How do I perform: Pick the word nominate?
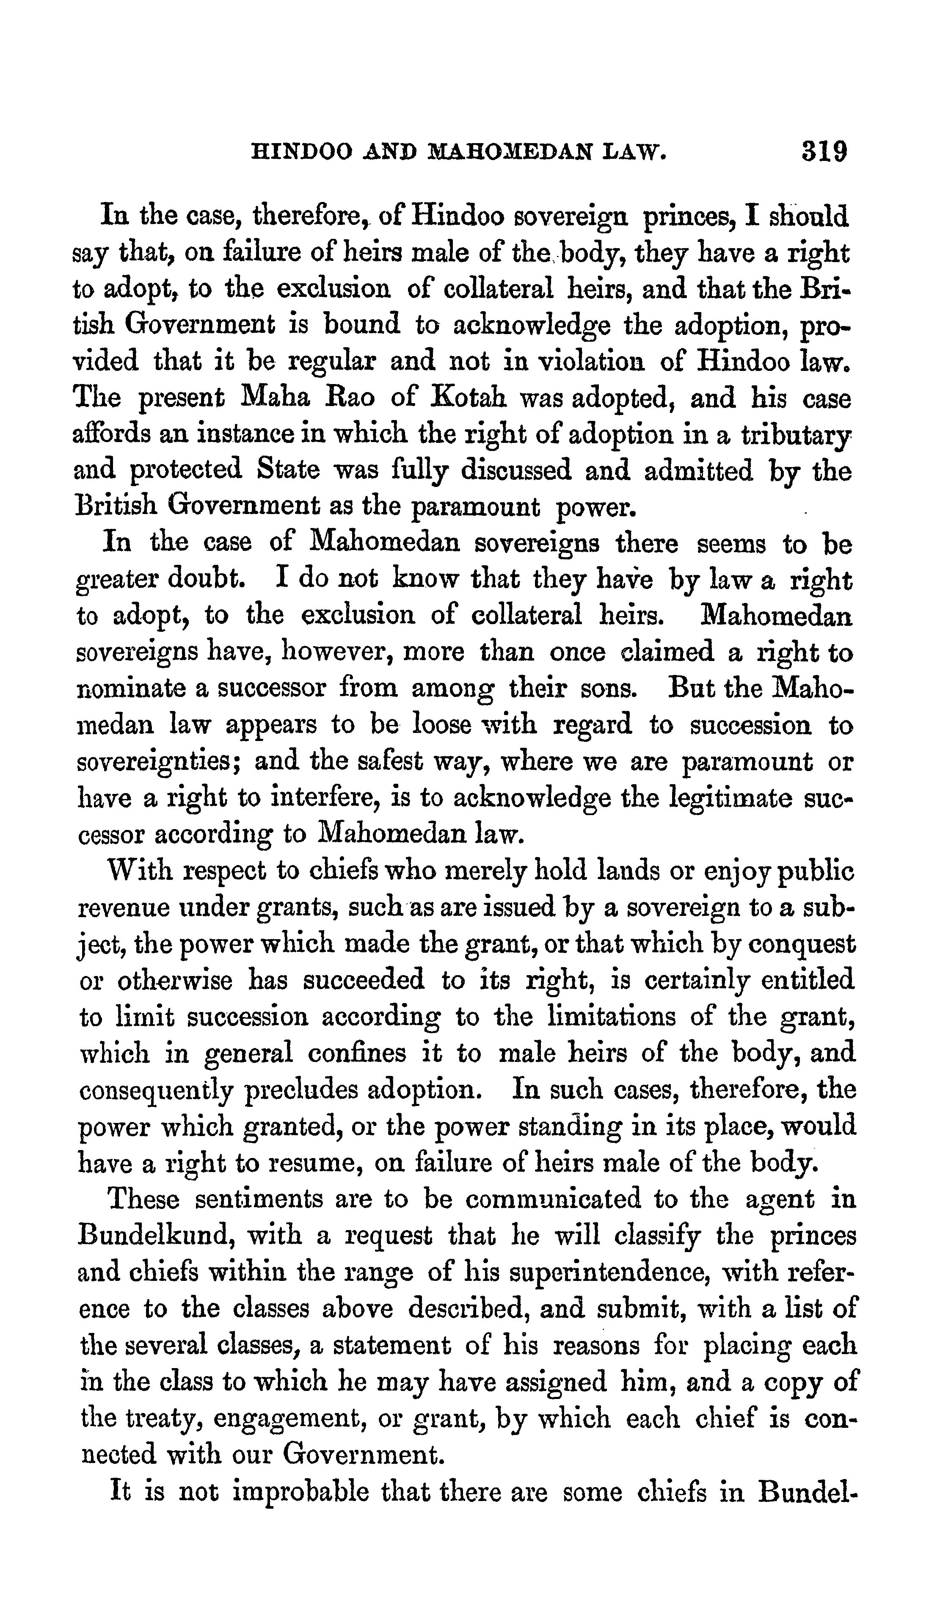pyautogui.click(x=132, y=690)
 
